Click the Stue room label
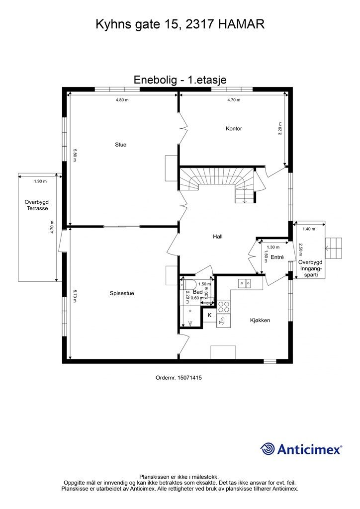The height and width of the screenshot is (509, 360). coord(120,145)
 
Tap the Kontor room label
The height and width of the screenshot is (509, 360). coord(234,129)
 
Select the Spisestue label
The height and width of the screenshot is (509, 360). coord(122,293)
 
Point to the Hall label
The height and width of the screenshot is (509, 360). coord(217,237)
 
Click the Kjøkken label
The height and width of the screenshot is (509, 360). coord(260,321)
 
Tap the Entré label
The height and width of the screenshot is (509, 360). coord(277,257)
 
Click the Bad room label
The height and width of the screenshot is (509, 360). coord(198,292)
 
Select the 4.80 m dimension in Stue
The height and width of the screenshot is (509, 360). coord(122,100)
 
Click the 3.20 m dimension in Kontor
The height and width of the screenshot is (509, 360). coord(280,129)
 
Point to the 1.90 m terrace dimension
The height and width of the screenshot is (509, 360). coord(40,181)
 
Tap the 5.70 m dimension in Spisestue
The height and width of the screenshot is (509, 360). coord(75,296)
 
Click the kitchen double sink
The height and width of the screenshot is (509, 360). coord(245,283)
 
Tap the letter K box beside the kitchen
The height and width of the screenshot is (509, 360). coord(210,315)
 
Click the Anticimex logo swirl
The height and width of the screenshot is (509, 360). coord(268,449)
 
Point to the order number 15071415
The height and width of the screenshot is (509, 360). coord(179,378)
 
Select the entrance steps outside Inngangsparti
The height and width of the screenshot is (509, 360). coord(333,249)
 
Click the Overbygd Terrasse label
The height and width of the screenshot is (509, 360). coord(37,205)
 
